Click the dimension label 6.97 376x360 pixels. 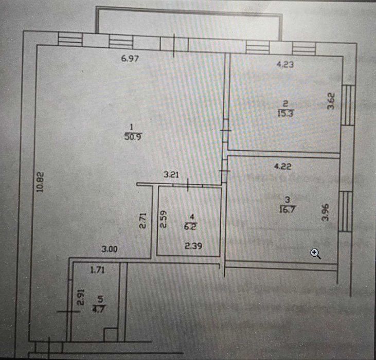coord(130,59)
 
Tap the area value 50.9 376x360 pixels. coord(131,137)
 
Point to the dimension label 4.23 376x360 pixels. coord(285,65)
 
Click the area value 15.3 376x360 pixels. coord(284,114)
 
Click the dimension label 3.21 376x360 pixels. coord(171,175)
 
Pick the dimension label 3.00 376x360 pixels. coord(110,249)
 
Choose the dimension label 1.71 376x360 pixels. coord(98,269)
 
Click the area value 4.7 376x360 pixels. coord(96,309)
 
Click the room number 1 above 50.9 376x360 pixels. coord(132,127)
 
